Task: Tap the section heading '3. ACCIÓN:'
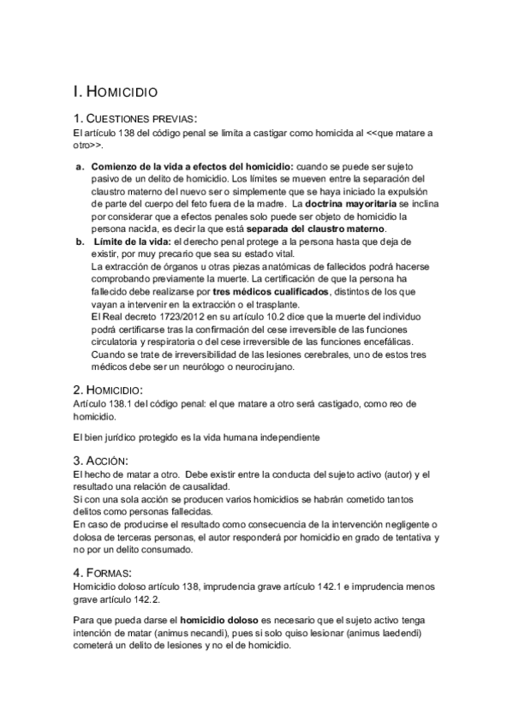point(111,461)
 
